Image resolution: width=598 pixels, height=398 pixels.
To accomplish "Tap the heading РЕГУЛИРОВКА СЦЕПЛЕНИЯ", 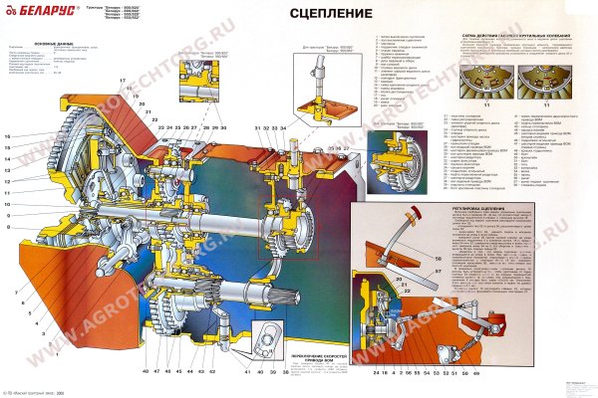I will tap(426, 211).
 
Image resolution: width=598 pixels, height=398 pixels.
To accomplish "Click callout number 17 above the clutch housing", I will tap(123, 80).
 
